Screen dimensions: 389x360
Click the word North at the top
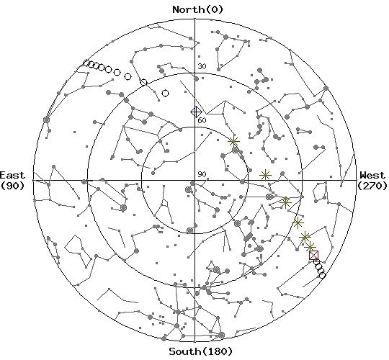point(189,9)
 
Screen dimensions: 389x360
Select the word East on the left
point(12,175)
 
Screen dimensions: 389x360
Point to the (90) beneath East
point(12,186)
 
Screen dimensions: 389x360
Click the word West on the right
point(372,175)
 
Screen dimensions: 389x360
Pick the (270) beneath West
point(372,186)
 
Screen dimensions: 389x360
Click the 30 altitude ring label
point(202,66)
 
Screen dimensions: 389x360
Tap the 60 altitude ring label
point(202,120)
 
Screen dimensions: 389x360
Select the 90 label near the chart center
point(202,174)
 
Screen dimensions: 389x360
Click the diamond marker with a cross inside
point(196,112)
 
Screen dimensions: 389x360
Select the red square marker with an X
point(314,255)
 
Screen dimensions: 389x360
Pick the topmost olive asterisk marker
point(233,142)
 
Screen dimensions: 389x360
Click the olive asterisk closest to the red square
point(310,247)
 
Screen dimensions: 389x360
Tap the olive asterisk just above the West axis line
point(265,176)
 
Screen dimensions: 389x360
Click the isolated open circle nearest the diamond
point(166,94)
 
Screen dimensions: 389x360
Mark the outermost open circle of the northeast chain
point(86,63)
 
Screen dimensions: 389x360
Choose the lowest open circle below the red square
point(322,275)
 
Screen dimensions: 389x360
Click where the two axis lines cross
point(194,181)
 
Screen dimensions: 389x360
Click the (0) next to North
point(215,9)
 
